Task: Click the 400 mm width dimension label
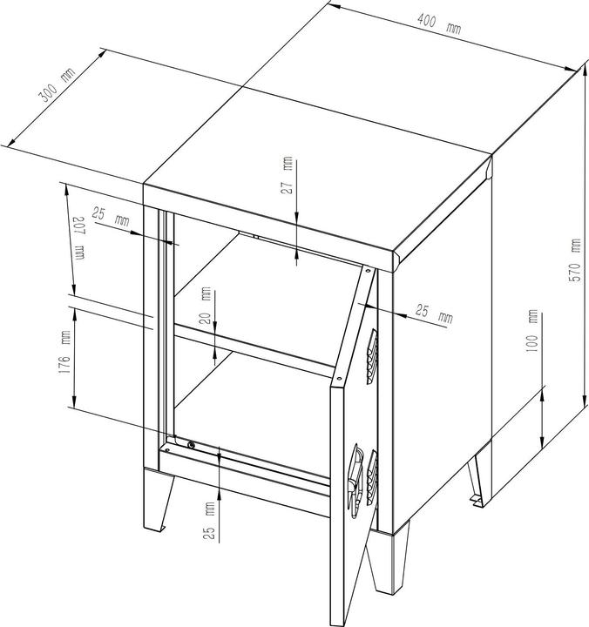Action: tap(439, 24)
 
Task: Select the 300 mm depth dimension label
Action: tap(57, 85)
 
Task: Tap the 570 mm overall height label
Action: tap(575, 260)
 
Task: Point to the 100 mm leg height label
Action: tap(532, 331)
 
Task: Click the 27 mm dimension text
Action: tap(288, 175)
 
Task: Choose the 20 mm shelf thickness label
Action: tap(206, 306)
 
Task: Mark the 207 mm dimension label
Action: tap(79, 239)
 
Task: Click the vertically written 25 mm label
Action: tap(210, 521)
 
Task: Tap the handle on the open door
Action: tap(355, 481)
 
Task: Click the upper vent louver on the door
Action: tap(372, 357)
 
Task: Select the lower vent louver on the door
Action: tap(372, 478)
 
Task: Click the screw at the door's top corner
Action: tap(368, 270)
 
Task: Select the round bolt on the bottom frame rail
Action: tap(192, 445)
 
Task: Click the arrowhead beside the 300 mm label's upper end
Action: tap(102, 54)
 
